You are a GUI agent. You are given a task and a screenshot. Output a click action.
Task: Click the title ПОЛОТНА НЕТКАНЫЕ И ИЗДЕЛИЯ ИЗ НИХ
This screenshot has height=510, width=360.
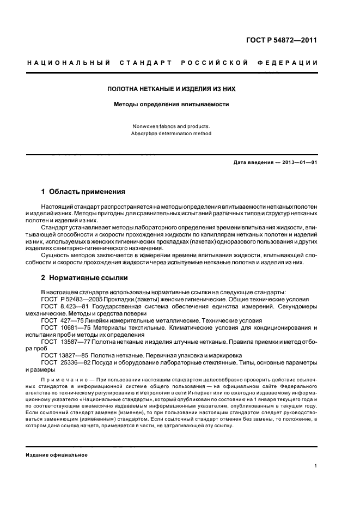click(x=171, y=88)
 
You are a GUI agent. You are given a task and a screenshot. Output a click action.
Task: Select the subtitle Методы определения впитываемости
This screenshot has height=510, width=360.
click(x=171, y=104)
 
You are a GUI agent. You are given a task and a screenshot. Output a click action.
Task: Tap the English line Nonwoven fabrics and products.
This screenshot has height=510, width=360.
click(x=171, y=126)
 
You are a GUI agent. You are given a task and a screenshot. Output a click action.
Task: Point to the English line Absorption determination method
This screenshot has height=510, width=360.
click(x=171, y=133)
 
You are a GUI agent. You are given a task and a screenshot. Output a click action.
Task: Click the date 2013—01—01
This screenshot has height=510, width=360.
click(x=298, y=162)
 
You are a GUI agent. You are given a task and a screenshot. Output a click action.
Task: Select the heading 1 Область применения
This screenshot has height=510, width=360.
click(x=83, y=192)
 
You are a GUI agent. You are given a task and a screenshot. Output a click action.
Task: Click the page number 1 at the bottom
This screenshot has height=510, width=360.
click(x=316, y=465)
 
